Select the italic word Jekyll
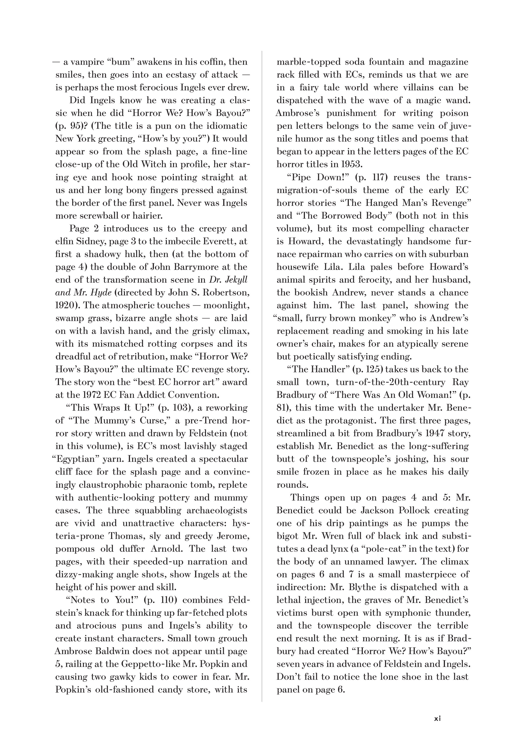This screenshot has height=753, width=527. point(235,280)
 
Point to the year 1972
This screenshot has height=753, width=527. point(90,395)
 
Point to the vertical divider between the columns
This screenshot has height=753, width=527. point(262,377)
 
